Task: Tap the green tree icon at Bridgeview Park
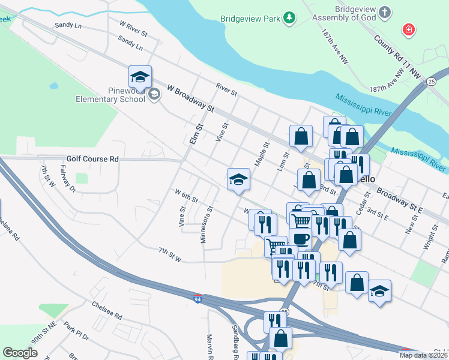tap(290, 18)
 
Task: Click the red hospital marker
tap(409, 30)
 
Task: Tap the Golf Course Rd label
tap(92, 159)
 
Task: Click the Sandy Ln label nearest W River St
tap(67, 25)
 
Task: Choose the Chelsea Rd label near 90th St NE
tap(107, 314)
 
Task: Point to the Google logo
tap(20, 353)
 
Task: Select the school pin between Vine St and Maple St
tap(238, 179)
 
